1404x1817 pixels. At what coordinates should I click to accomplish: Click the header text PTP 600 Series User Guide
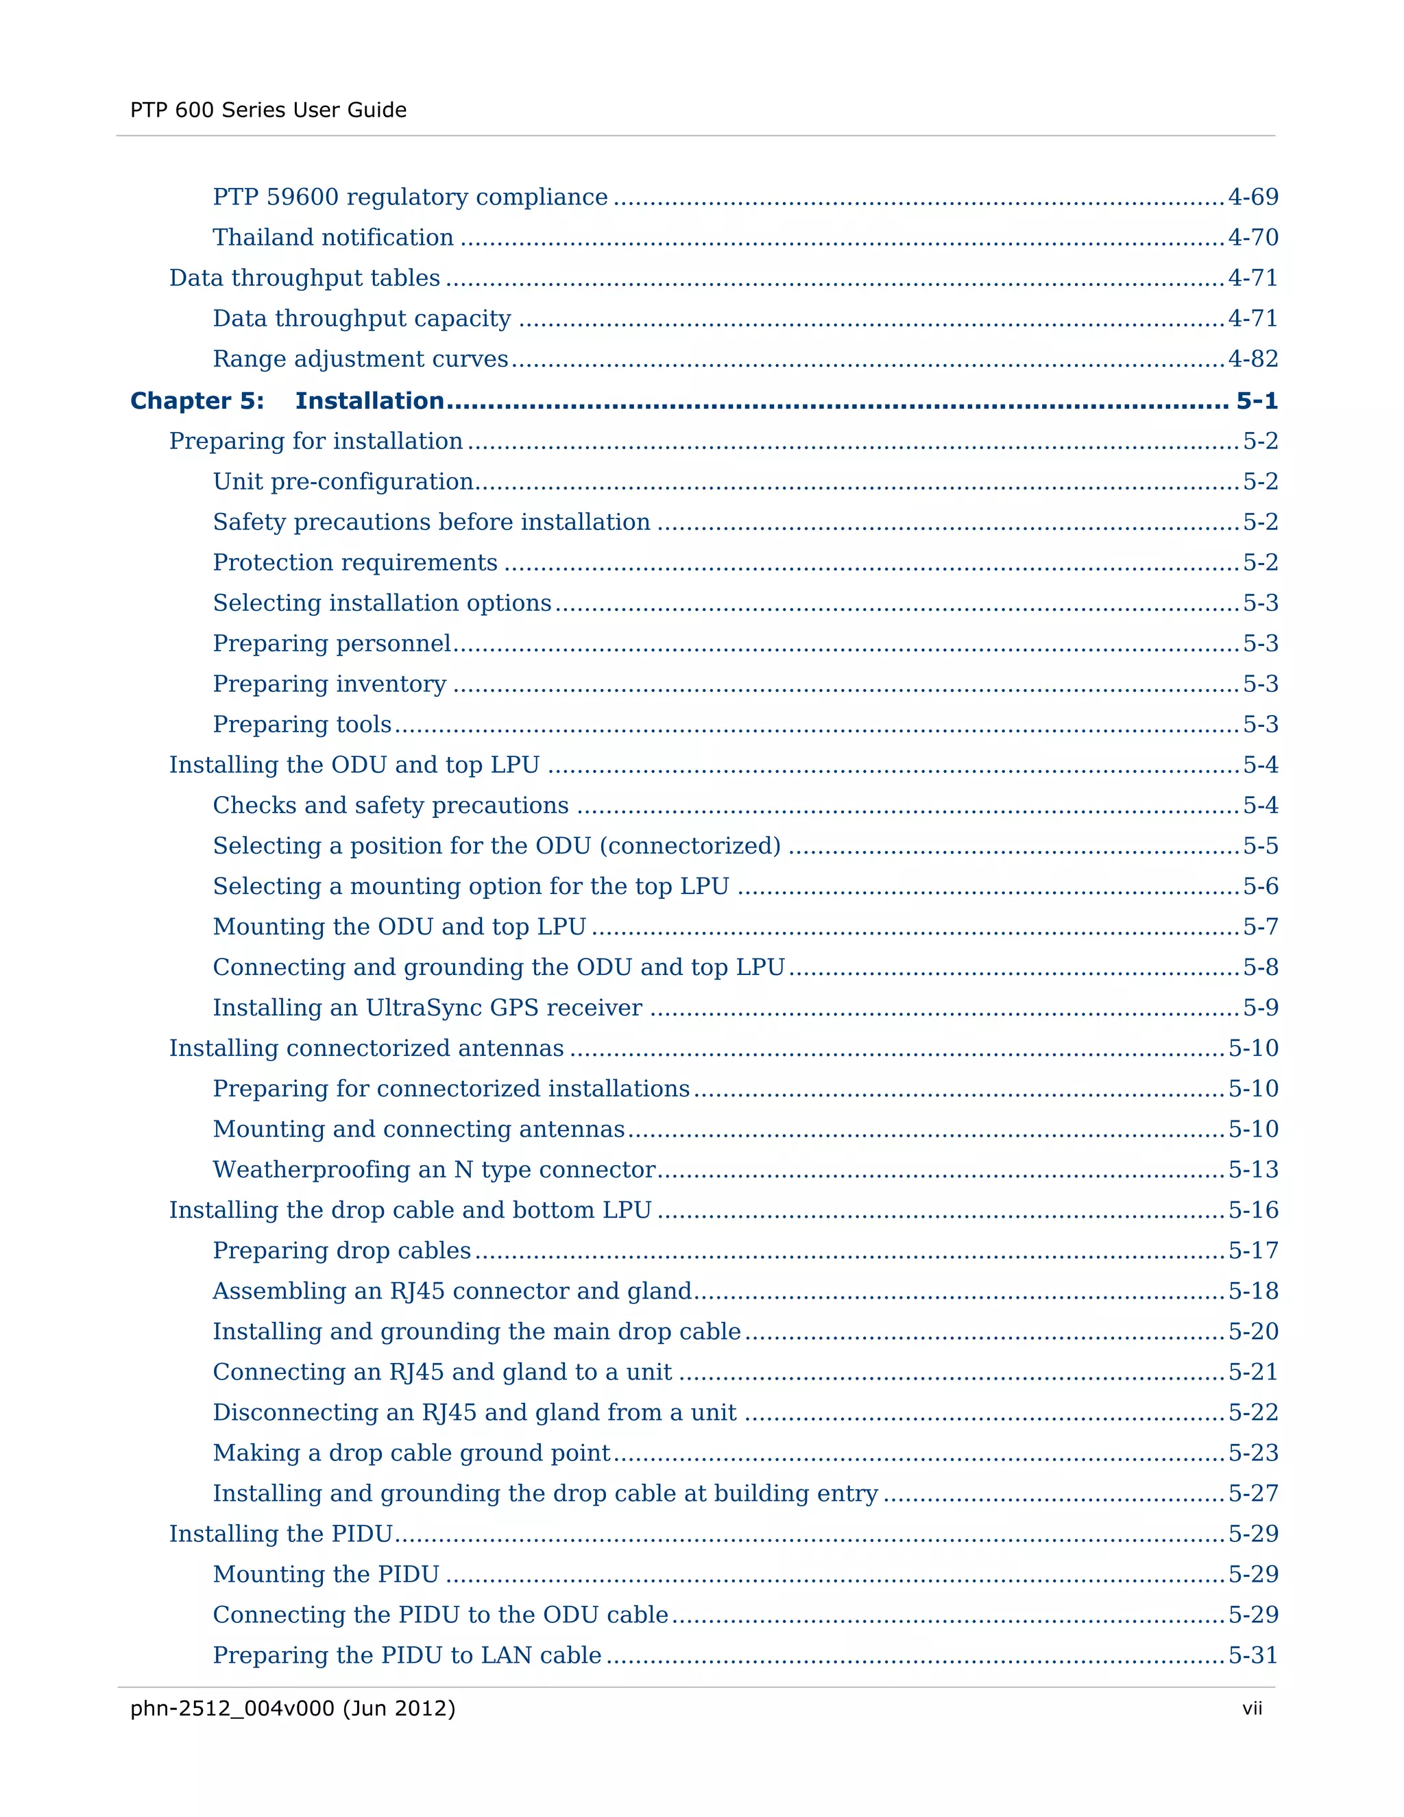coord(268,110)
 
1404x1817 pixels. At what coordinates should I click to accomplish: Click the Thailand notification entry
coord(332,237)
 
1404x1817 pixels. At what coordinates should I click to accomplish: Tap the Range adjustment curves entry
coord(360,359)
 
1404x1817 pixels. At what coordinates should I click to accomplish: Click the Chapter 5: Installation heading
coord(287,400)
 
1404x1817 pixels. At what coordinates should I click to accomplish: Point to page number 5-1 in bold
coord(1256,400)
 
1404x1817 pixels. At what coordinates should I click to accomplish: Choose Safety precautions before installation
coord(431,522)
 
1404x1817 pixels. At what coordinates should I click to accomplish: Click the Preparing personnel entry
coord(332,643)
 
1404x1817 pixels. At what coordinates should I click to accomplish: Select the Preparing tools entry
coord(302,724)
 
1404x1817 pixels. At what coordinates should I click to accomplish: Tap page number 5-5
coord(1260,845)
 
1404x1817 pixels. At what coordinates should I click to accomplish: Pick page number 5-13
coord(1252,1169)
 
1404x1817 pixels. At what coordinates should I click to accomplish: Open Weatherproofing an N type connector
coord(434,1169)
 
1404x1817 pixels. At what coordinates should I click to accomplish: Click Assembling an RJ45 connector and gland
coord(452,1290)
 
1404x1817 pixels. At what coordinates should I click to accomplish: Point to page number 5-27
coord(1252,1493)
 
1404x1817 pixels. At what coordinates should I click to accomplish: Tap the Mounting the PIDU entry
coord(326,1574)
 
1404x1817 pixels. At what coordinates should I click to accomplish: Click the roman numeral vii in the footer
coord(1252,1708)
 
